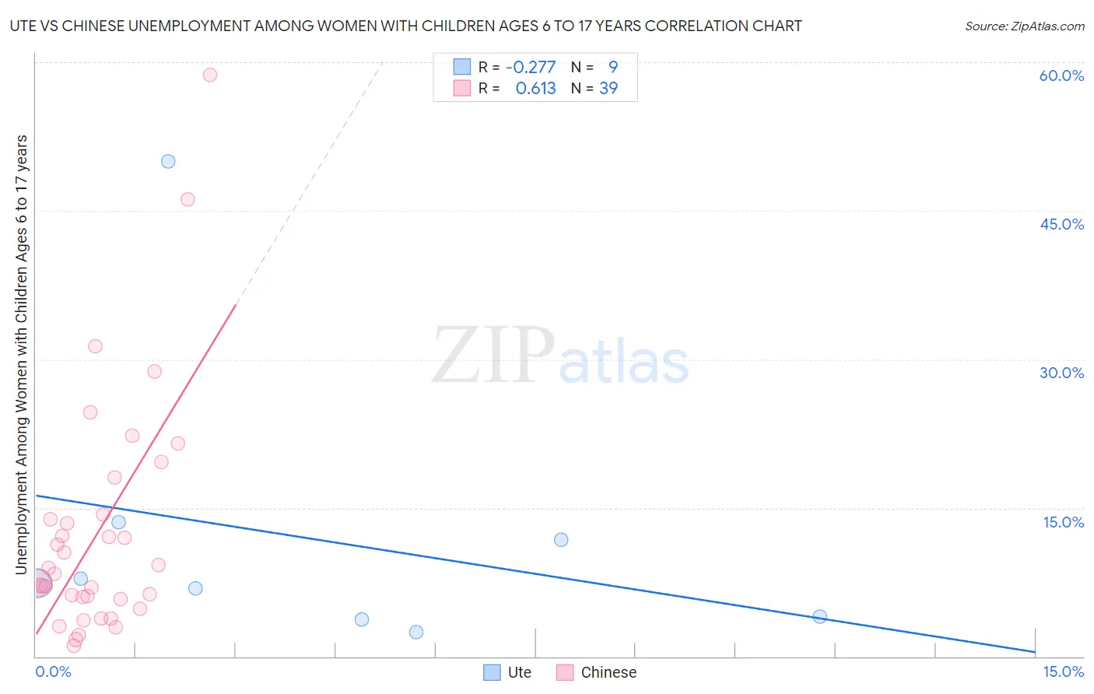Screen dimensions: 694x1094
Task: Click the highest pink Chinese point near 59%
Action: tap(210, 75)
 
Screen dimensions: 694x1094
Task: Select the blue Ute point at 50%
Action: tap(168, 162)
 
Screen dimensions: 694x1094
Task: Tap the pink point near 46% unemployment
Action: tap(188, 199)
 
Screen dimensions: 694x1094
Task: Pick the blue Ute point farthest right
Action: tap(819, 617)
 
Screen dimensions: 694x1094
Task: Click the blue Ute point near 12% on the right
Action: tap(561, 540)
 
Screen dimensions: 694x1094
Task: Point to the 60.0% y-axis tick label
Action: tap(1061, 75)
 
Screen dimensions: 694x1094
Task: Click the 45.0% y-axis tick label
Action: tap(1061, 224)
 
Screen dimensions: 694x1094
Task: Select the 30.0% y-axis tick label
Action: tap(1061, 373)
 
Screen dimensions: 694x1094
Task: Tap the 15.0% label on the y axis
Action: tap(1063, 522)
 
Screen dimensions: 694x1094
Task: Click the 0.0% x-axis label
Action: tap(54, 671)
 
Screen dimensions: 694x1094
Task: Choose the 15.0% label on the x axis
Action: tap(1063, 671)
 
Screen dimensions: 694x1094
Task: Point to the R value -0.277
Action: tap(531, 68)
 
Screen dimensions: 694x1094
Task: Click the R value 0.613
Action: tap(535, 89)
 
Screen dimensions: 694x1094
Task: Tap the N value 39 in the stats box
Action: tap(608, 89)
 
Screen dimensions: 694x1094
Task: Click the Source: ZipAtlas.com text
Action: tap(1024, 26)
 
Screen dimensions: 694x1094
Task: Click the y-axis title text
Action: tap(22, 355)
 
